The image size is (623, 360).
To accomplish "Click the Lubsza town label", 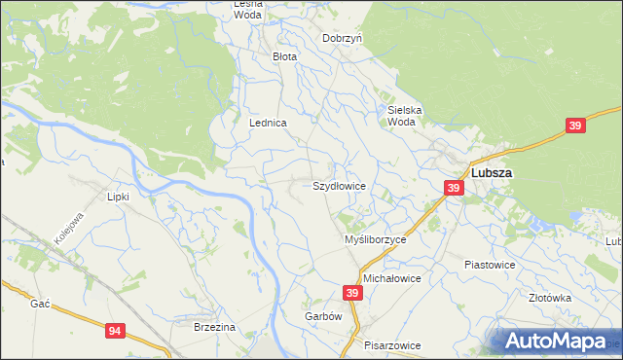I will pos(493,173).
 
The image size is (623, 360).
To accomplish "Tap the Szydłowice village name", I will pos(339,185).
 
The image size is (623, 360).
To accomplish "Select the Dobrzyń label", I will pos(343,38).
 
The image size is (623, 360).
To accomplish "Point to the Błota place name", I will pos(284,57).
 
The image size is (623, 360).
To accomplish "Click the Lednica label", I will pos(268,124).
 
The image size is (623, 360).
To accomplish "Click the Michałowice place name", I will pos(391,278).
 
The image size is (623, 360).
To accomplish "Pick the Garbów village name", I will pos(324,317).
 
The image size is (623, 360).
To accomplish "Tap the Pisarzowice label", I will pos(392,345).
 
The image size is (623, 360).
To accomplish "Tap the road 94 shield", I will pos(116,332).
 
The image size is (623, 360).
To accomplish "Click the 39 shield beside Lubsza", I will pos(454,188).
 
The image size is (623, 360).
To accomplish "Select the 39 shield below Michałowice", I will pos(352,293).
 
